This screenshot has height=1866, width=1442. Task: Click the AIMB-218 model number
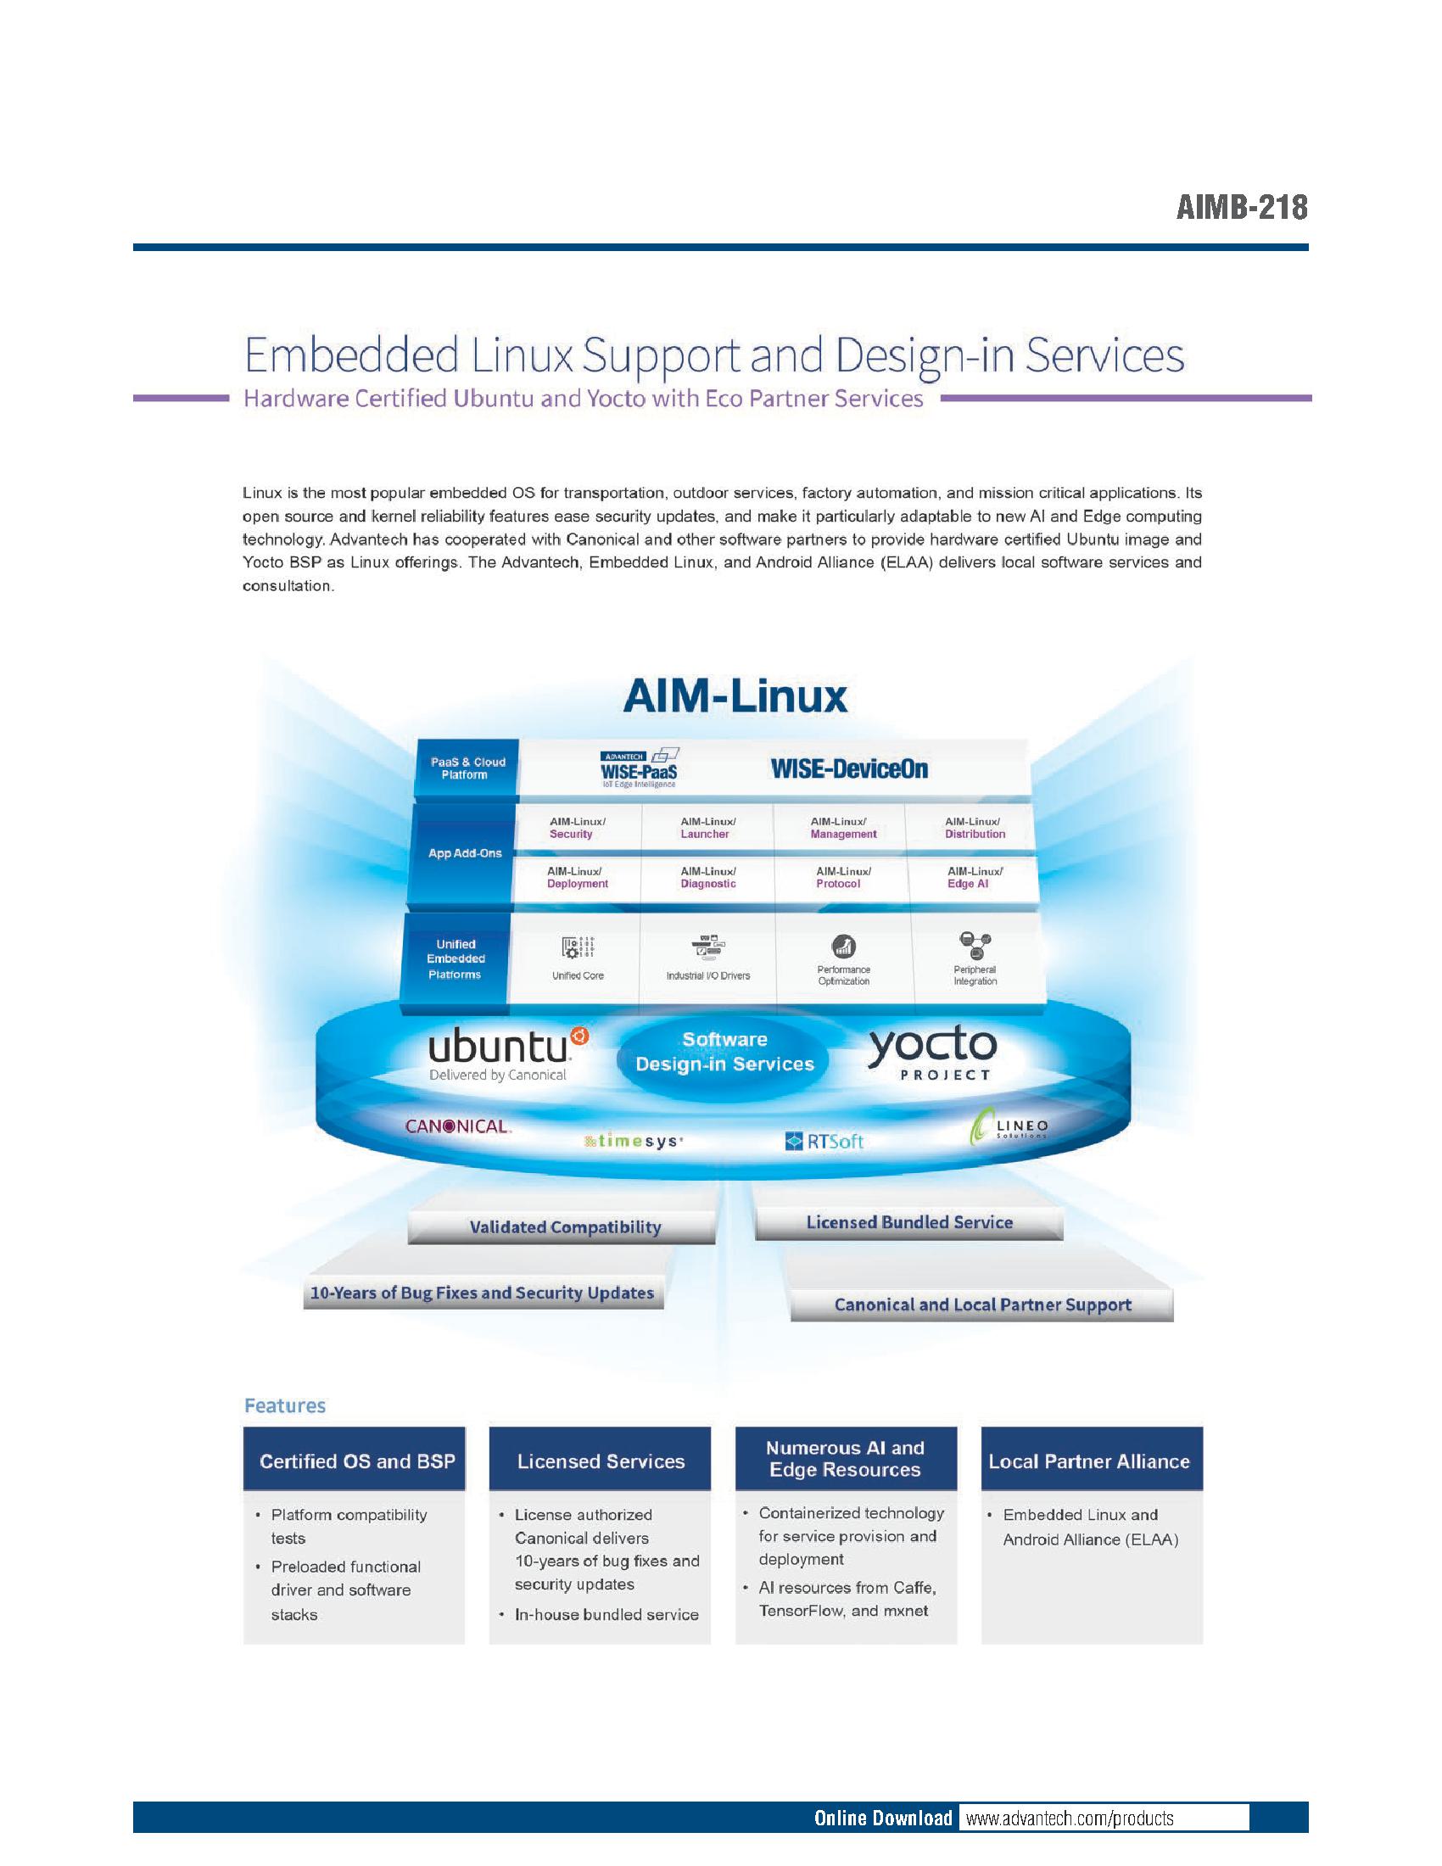pyautogui.click(x=1241, y=207)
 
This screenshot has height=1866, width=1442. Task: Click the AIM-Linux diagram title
pyautogui.click(x=735, y=696)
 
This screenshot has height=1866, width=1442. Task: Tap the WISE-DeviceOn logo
pyautogui.click(x=849, y=768)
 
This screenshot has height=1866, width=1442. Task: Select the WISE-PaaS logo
pyautogui.click(x=640, y=768)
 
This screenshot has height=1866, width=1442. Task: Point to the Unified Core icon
pyautogui.click(x=578, y=947)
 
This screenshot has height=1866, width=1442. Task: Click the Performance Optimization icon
pyautogui.click(x=844, y=946)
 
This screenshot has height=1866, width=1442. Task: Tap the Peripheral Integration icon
pyautogui.click(x=975, y=945)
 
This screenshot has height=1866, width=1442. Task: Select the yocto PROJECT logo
pyautogui.click(x=933, y=1054)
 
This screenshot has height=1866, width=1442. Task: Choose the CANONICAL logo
pyautogui.click(x=458, y=1126)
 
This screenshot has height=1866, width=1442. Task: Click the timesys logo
pyautogui.click(x=633, y=1141)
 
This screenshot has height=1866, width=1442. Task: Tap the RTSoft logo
pyautogui.click(x=824, y=1141)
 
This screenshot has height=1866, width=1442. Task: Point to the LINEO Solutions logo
pyautogui.click(x=1009, y=1126)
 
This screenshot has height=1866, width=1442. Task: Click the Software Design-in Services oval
pyautogui.click(x=724, y=1052)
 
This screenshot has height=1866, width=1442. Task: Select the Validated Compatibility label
pyautogui.click(x=565, y=1227)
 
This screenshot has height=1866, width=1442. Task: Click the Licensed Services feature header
pyautogui.click(x=600, y=1461)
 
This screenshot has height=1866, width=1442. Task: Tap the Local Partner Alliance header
pyautogui.click(x=1092, y=1461)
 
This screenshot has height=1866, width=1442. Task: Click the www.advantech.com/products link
pyautogui.click(x=1070, y=1819)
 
